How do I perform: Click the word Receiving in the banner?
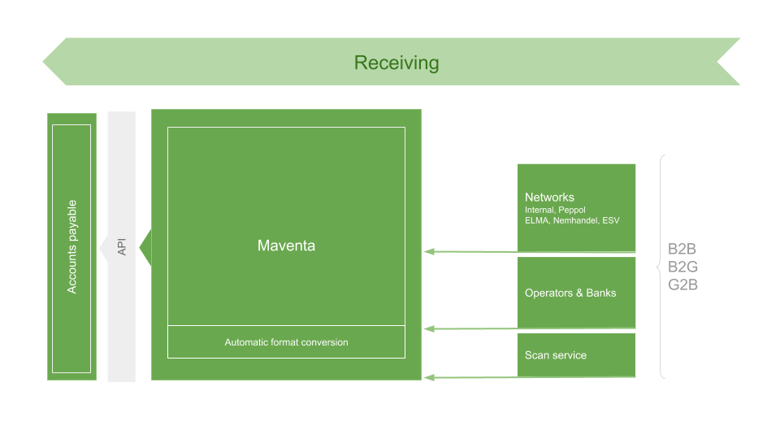(x=396, y=63)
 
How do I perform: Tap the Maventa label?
(x=286, y=246)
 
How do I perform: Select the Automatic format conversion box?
(x=286, y=342)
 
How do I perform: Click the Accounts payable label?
(x=71, y=246)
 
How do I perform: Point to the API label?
(x=122, y=246)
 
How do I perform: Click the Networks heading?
(x=549, y=197)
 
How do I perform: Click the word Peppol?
(x=572, y=210)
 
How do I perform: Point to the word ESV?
(x=611, y=220)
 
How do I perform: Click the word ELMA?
(x=536, y=220)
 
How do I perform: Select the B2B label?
(x=682, y=250)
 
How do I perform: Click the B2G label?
(x=682, y=267)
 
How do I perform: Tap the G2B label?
(x=682, y=285)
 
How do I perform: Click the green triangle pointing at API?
(x=146, y=247)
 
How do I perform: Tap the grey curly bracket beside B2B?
(x=661, y=267)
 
